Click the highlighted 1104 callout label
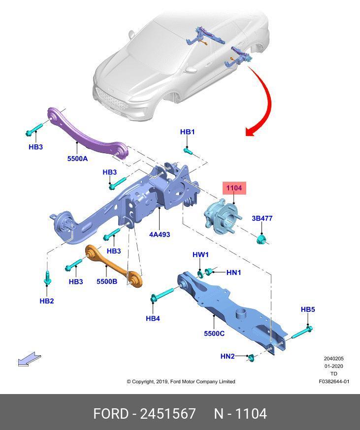coord(234,188)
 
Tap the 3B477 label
coord(262,218)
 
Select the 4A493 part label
coord(160,234)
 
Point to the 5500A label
coord(78,159)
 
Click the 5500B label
coord(107,281)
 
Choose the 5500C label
coord(214,333)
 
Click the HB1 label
coord(188,132)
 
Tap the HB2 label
coord(47,301)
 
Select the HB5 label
coord(308,309)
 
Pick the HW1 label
coord(201,255)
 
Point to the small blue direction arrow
coord(30,359)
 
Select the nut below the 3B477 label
coord(261,239)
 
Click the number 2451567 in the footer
coord(168,414)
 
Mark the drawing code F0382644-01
coord(334,381)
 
